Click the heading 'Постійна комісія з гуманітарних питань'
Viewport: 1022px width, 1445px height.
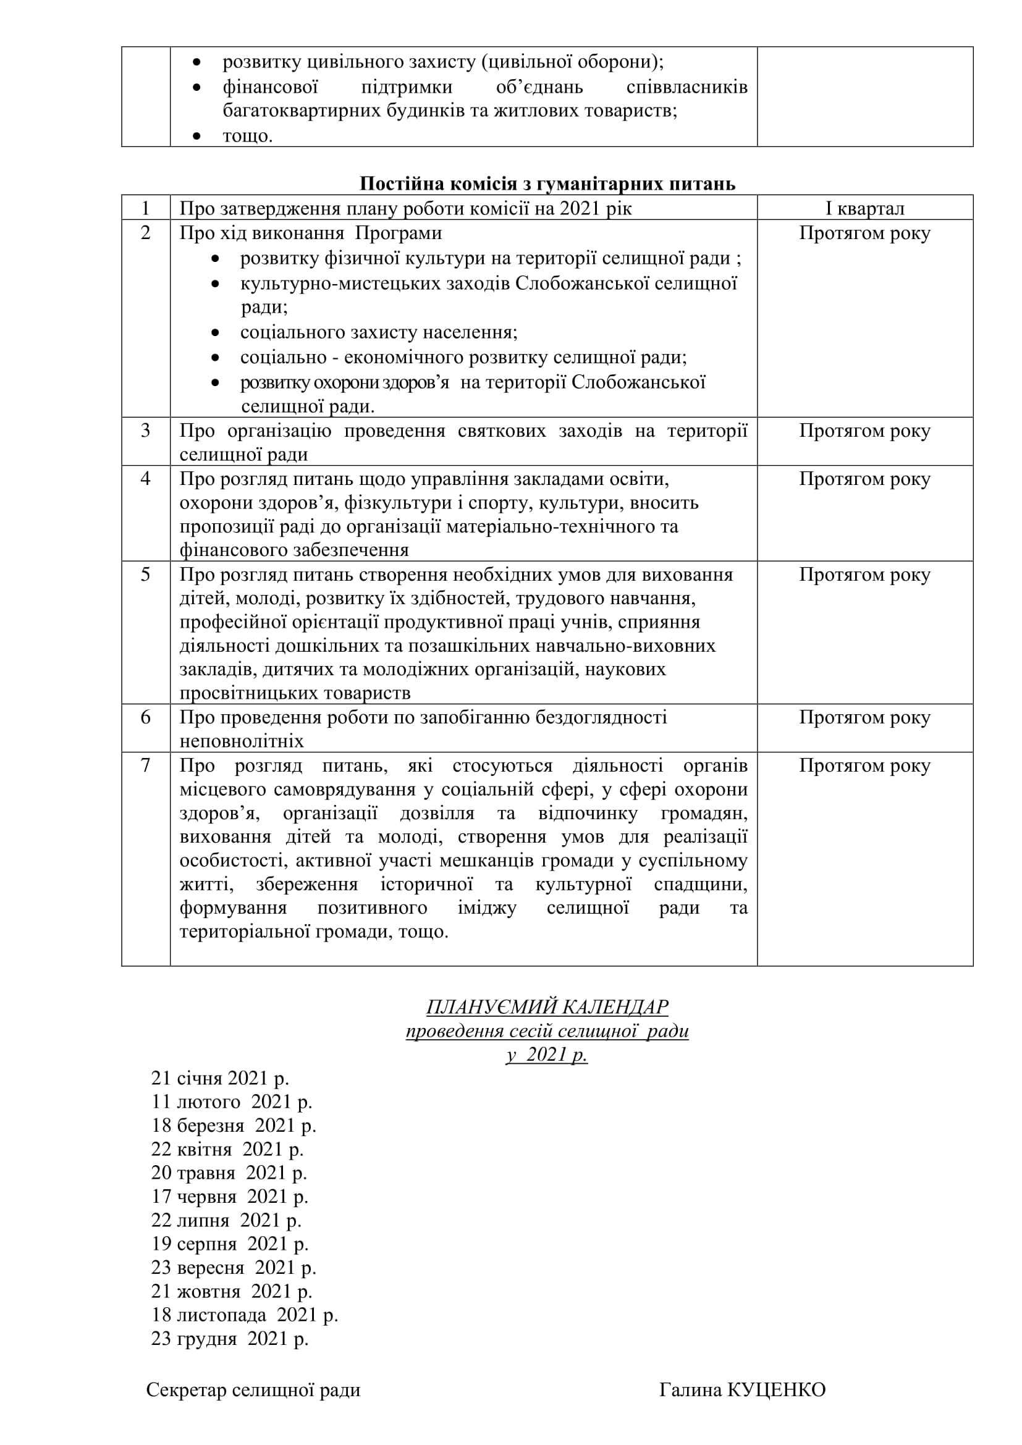click(x=547, y=183)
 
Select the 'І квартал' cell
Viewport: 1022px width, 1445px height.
click(x=864, y=208)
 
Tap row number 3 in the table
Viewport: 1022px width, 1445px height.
click(x=145, y=431)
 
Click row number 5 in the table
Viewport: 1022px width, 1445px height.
click(x=145, y=574)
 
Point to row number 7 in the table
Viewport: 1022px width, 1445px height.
click(x=145, y=765)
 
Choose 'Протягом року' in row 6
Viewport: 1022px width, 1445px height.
click(x=864, y=717)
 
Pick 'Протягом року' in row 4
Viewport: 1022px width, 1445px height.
click(x=864, y=479)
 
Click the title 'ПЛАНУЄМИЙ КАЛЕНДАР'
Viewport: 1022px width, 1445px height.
click(x=547, y=1007)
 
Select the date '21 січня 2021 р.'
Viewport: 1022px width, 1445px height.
click(x=219, y=1078)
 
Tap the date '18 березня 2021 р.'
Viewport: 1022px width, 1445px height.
click(x=234, y=1125)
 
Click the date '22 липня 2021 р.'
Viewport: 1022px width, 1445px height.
click(x=226, y=1220)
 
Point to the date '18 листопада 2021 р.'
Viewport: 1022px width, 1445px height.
click(x=244, y=1315)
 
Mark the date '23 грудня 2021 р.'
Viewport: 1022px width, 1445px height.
click(x=230, y=1338)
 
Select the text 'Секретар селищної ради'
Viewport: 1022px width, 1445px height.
click(x=253, y=1390)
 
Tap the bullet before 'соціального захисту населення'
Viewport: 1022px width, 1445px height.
click(x=215, y=333)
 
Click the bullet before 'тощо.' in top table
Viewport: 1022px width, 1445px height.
click(x=197, y=136)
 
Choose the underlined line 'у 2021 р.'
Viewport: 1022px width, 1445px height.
click(x=547, y=1054)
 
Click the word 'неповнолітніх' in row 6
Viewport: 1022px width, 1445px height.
click(x=242, y=741)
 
